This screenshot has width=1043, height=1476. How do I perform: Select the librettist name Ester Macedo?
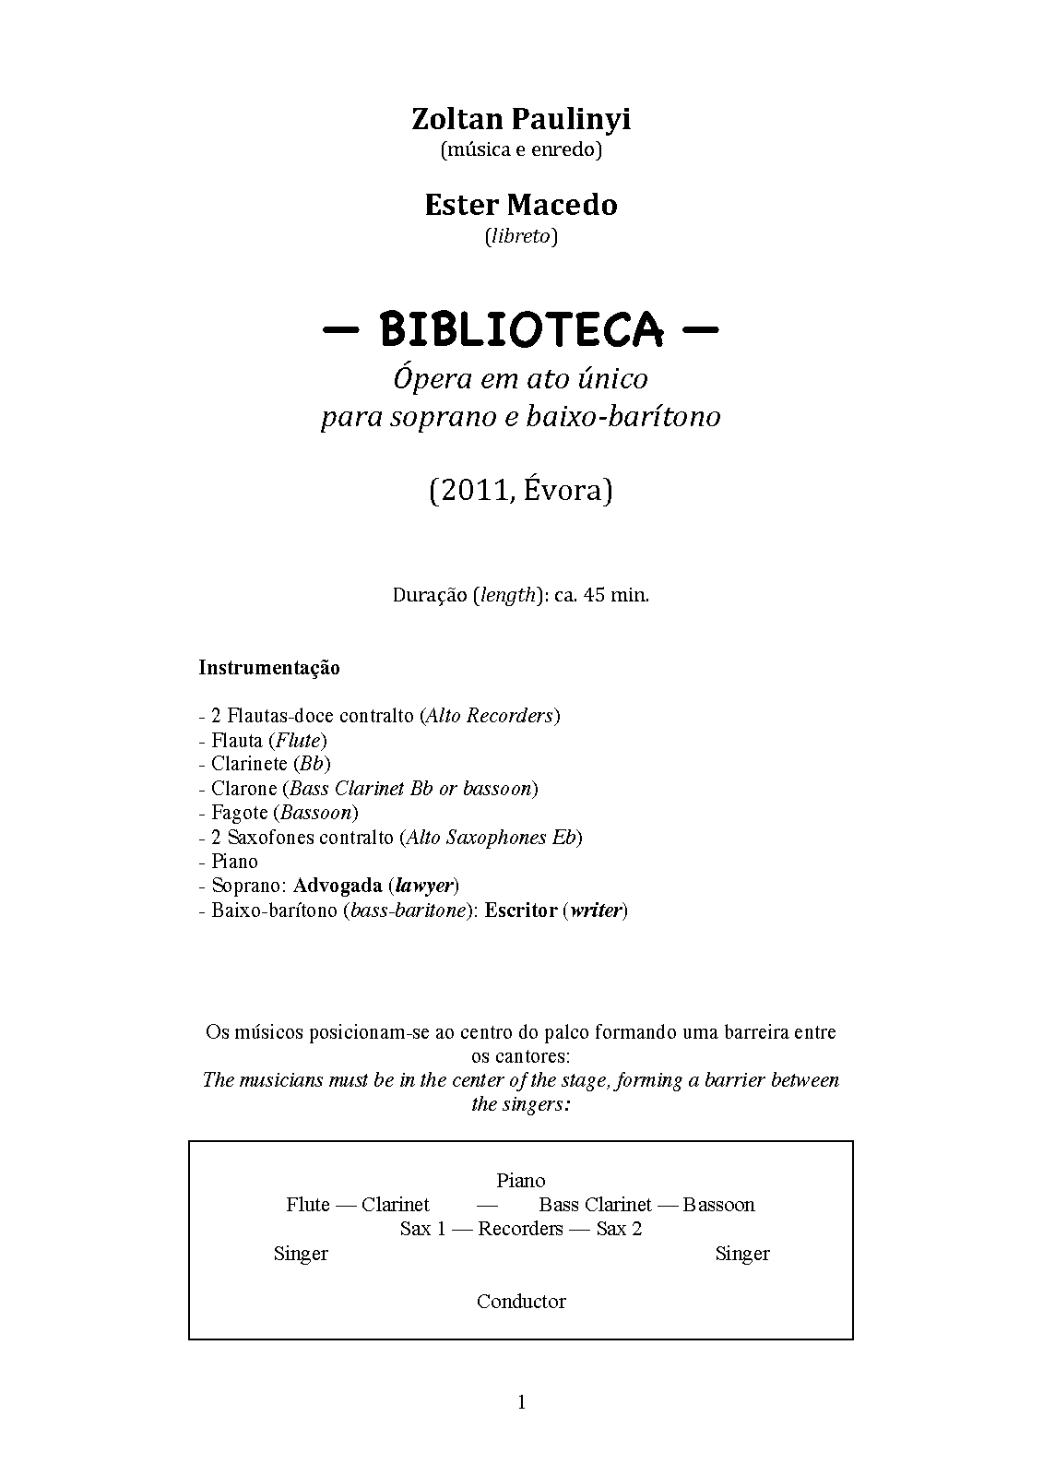(520, 205)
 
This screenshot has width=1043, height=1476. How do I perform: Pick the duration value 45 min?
(614, 595)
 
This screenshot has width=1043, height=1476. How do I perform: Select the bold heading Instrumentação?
(269, 668)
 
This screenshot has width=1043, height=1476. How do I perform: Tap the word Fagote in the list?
(239, 813)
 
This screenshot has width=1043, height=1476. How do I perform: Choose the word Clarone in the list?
(243, 789)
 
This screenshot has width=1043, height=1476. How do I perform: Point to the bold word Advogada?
(338, 886)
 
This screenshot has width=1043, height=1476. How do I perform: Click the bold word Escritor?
(521, 911)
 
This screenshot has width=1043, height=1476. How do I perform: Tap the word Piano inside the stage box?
(521, 1181)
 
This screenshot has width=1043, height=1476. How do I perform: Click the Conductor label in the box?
(521, 1302)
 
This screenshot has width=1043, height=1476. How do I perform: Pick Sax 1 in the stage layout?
(421, 1229)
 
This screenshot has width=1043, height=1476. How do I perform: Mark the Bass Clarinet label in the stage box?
(595, 1205)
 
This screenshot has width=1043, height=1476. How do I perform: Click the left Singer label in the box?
(301, 1254)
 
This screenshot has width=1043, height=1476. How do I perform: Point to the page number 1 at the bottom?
(521, 1403)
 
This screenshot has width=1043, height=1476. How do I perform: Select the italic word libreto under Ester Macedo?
(521, 236)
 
